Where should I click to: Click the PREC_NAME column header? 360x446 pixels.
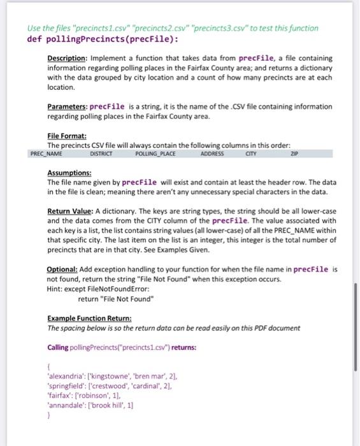point(46,154)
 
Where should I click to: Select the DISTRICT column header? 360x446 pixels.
point(101,154)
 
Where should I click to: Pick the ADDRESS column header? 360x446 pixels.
point(212,154)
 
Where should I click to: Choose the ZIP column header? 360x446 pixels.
point(294,154)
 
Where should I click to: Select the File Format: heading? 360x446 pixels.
point(67,136)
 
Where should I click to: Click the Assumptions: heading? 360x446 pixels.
point(69,173)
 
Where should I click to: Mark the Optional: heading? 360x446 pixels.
point(63,269)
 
